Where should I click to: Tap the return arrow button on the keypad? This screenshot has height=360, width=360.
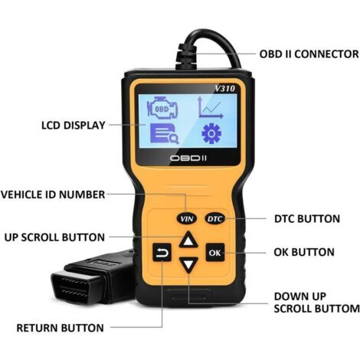[x=162, y=252]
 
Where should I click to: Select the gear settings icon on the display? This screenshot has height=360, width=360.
[x=211, y=133]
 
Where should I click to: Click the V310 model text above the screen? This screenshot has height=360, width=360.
[x=225, y=89]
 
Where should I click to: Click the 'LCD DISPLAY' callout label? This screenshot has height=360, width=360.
[x=74, y=125]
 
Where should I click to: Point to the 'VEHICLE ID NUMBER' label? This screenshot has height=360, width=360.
[x=53, y=195]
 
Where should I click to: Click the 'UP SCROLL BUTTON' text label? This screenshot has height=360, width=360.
[x=54, y=237]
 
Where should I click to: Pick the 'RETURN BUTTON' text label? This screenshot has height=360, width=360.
[x=61, y=328]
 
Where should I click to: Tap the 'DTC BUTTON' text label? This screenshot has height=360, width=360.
[x=306, y=219]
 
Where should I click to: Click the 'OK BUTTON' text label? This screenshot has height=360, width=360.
[x=303, y=252]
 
